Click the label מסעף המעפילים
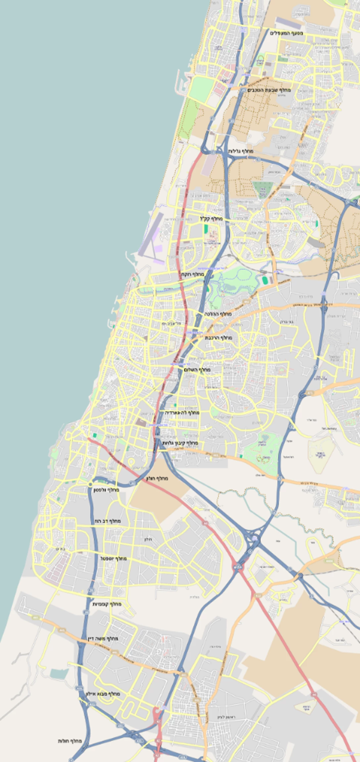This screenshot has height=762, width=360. [287, 33]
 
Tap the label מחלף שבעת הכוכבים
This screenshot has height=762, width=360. [269, 90]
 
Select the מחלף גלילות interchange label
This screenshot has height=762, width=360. [241, 151]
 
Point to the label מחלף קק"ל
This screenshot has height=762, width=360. [211, 219]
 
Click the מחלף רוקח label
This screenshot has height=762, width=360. [192, 275]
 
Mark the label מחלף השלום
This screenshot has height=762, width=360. [197, 370]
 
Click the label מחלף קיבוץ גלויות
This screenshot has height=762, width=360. [180, 443]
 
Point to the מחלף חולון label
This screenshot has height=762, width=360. [157, 479]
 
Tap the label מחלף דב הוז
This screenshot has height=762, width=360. [108, 521]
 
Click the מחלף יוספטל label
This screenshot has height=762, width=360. [113, 559]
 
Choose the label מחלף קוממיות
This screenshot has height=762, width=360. [107, 604]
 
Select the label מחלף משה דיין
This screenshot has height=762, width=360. [103, 638]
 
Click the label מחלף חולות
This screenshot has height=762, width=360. [70, 741]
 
